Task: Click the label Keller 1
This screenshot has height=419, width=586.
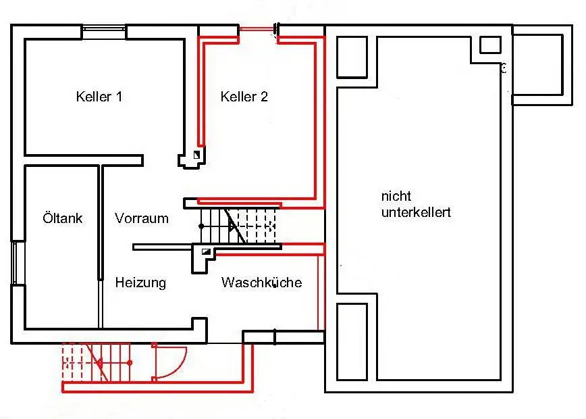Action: [x=99, y=97]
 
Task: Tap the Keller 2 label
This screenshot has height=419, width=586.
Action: [x=244, y=97]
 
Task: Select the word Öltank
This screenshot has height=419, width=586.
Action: [x=62, y=218]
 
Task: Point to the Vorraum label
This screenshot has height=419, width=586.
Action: [x=142, y=218]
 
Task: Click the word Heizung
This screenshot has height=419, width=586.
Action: [x=140, y=282]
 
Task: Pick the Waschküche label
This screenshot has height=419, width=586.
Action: [x=261, y=282]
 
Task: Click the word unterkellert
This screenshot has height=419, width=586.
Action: [x=416, y=212]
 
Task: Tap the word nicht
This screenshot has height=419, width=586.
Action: [x=395, y=197]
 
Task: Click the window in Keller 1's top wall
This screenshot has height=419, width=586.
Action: [x=103, y=28]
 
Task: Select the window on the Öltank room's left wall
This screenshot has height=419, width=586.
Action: [x=16, y=263]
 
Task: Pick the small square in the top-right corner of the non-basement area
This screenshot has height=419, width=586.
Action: [x=490, y=45]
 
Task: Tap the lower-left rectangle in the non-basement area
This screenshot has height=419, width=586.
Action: [x=352, y=341]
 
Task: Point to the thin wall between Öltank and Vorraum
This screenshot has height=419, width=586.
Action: [x=100, y=223]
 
